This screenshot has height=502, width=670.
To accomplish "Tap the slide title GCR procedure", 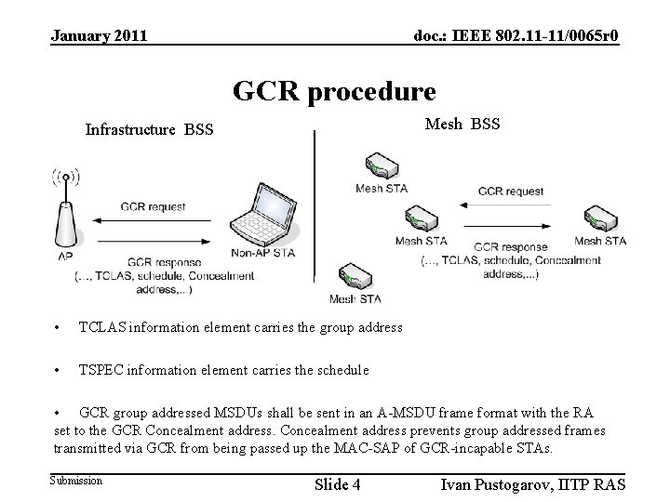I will click(x=334, y=91).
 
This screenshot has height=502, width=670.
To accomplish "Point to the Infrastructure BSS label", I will click(x=149, y=129).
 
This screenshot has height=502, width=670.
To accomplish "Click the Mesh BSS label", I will click(x=462, y=123).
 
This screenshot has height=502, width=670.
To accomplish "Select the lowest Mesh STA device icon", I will click(x=355, y=277).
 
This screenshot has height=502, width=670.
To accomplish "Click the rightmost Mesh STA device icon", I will click(x=599, y=218).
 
